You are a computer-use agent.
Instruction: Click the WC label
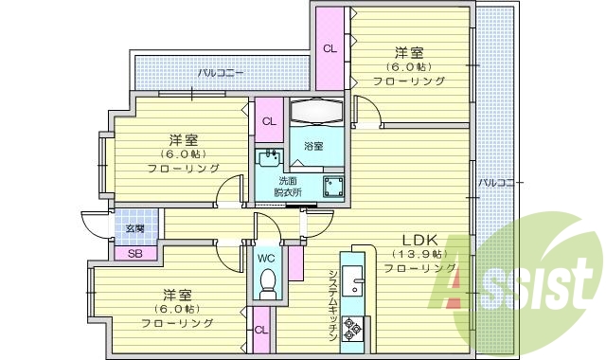point(267,256)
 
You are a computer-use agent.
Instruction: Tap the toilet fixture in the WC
point(267,281)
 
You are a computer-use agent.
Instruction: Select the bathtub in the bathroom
point(318,112)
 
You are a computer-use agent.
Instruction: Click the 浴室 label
point(313,146)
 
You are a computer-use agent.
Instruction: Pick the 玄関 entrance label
point(134,229)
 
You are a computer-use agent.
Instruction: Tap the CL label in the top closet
point(330,48)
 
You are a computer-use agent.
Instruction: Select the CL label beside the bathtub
point(269,120)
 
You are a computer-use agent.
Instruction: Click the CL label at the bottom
point(260,330)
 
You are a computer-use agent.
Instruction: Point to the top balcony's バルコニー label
point(221,71)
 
